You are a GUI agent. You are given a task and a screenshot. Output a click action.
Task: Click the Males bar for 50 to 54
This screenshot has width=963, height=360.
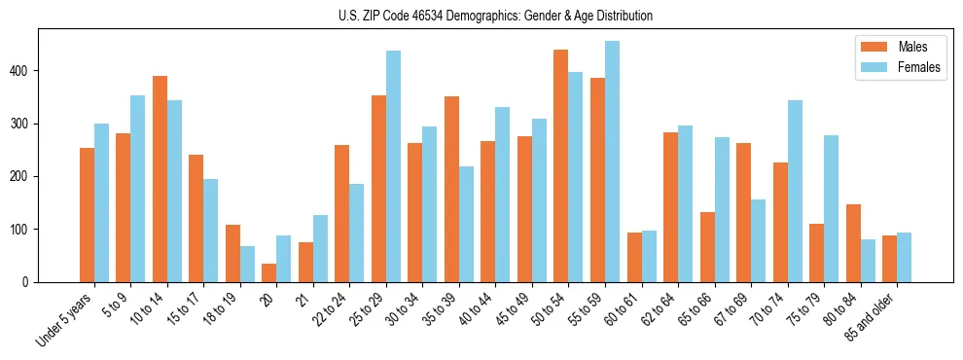tap(561, 165)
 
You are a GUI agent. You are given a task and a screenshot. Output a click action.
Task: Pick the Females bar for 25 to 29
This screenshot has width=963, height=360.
tap(393, 166)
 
